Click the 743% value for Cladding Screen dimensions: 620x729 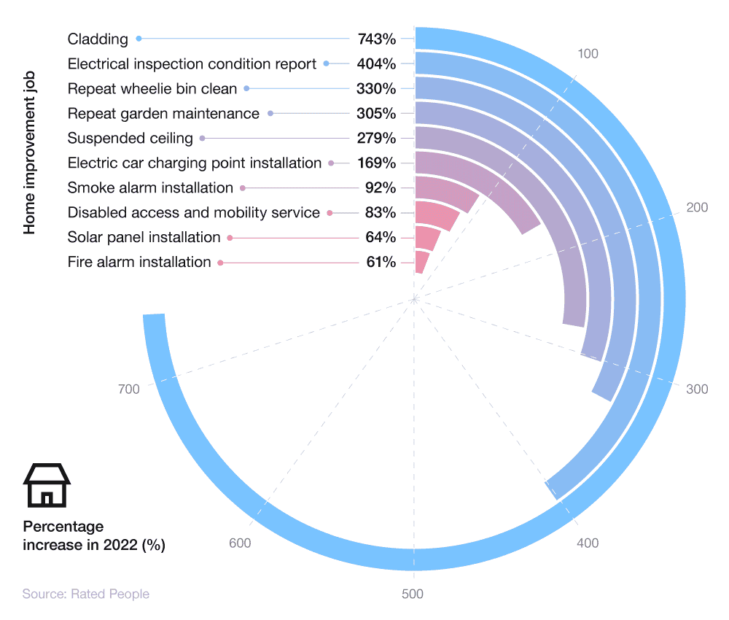pyautogui.click(x=376, y=39)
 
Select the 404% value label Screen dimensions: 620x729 pyautogui.click(x=376, y=64)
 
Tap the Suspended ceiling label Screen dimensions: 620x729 pyautogui.click(x=130, y=139)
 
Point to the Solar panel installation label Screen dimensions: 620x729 pyautogui.click(x=144, y=238)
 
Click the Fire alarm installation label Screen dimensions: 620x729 pyautogui.click(x=139, y=263)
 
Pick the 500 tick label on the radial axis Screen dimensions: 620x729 pyautogui.click(x=413, y=594)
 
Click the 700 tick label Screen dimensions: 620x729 pyautogui.click(x=128, y=390)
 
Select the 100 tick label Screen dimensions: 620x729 pyautogui.click(x=588, y=53)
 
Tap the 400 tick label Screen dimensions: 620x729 pyautogui.click(x=588, y=543)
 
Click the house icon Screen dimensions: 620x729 pyautogui.click(x=47, y=486)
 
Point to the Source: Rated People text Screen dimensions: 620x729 pyautogui.click(x=85, y=594)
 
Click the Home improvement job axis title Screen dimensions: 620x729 pyautogui.click(x=29, y=152)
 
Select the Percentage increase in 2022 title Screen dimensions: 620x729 pyautogui.click(x=93, y=536)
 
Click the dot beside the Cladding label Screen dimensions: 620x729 pyautogui.click(x=139, y=39)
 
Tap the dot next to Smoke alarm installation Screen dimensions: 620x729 pyautogui.click(x=243, y=187)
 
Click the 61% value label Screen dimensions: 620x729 pyautogui.click(x=381, y=263)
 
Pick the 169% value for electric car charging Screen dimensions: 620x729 pyautogui.click(x=376, y=163)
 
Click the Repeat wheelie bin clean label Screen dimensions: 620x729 pyautogui.click(x=152, y=89)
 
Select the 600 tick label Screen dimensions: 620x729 pyautogui.click(x=240, y=543)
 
